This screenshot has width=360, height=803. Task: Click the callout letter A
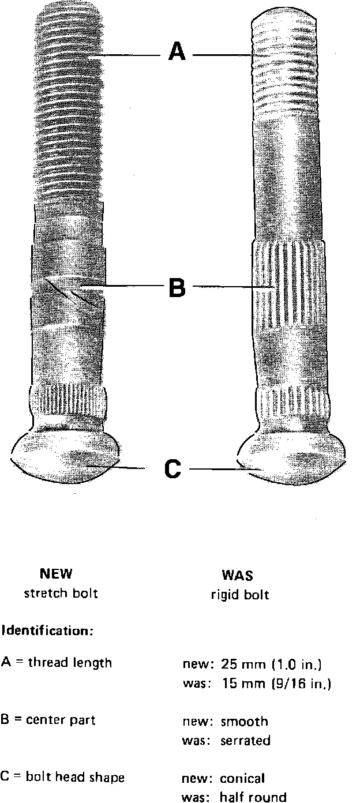point(177,52)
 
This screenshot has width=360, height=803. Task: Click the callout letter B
point(177,287)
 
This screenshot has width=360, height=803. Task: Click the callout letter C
point(173,469)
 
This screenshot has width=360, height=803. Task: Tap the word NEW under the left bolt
point(56,574)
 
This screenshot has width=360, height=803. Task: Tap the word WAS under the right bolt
point(237,576)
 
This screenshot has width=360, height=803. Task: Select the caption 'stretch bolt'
point(61,594)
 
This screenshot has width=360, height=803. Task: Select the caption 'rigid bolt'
point(239,595)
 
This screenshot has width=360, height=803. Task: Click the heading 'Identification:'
point(47,631)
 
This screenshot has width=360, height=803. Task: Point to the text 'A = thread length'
point(57,663)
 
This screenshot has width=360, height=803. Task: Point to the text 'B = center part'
point(48,720)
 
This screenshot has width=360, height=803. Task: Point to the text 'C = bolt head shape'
point(62,778)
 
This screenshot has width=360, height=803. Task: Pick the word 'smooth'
point(244,722)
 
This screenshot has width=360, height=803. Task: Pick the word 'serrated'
point(245,741)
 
